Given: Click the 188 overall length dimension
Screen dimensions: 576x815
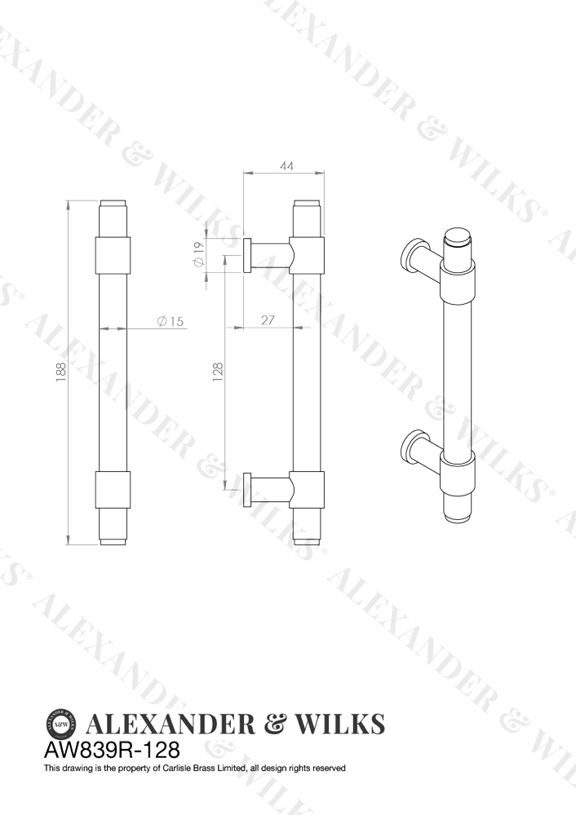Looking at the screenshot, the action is [x=61, y=372].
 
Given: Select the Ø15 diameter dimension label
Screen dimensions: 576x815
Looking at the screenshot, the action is [x=171, y=321].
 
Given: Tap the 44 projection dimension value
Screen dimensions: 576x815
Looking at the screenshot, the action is [x=286, y=166].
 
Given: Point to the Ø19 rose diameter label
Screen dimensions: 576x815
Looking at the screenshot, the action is [x=198, y=254].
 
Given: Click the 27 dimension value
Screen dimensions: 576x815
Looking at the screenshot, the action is [x=268, y=320].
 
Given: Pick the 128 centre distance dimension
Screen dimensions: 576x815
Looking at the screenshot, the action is [x=218, y=372].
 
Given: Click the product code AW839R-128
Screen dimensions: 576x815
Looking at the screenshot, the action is [x=112, y=750].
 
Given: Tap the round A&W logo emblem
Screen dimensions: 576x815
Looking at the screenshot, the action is [x=62, y=722].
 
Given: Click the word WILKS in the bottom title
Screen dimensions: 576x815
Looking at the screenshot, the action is [x=340, y=724].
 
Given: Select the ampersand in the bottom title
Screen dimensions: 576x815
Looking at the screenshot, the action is [x=277, y=724].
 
